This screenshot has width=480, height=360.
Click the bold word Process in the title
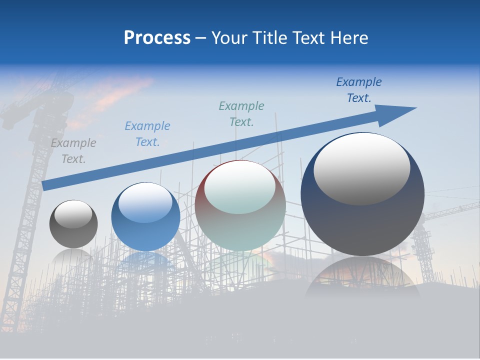[157, 37]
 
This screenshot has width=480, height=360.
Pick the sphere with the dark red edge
[240, 205]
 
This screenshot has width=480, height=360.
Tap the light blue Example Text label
[147, 134]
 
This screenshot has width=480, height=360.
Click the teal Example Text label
[241, 113]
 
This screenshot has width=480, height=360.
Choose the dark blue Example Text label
[359, 90]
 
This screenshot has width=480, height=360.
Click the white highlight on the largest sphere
[361, 169]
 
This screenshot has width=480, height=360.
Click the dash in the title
[201, 38]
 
